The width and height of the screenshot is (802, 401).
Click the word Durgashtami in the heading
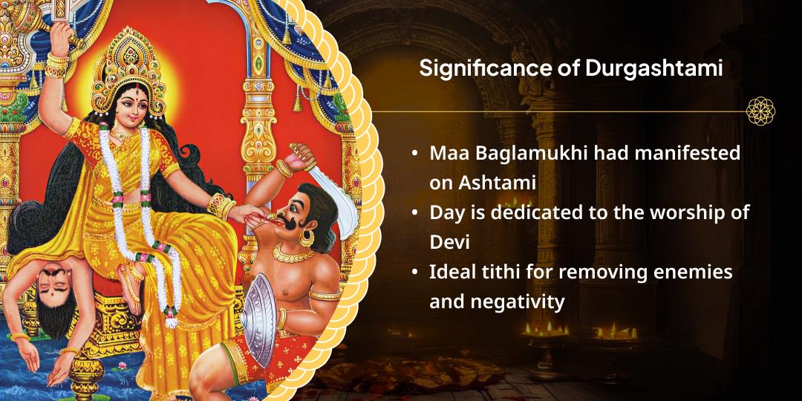click(x=653, y=68)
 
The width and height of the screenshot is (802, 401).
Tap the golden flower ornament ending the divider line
click(x=760, y=111)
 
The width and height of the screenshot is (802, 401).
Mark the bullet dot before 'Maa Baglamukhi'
click(x=414, y=154)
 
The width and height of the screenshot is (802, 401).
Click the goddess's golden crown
click(x=128, y=67)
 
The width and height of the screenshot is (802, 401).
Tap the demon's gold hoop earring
click(x=307, y=238)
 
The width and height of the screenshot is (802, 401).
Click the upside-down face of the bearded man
click(x=55, y=284)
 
